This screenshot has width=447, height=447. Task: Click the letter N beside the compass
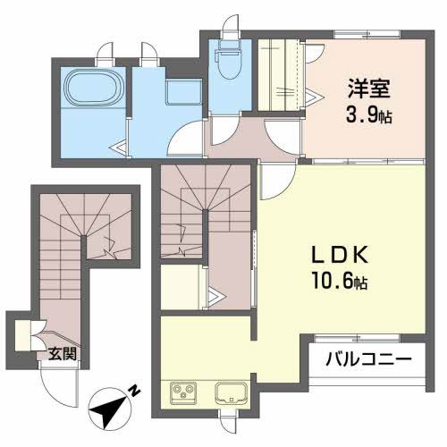[x=133, y=391]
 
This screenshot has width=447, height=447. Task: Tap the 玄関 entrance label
[x=61, y=354]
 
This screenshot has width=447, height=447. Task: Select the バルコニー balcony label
[x=367, y=359]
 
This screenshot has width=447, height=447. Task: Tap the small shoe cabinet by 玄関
[x=21, y=333]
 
